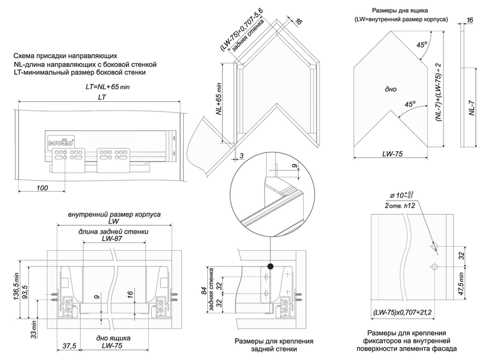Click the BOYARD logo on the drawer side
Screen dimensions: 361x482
58,141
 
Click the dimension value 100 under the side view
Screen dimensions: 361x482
42,188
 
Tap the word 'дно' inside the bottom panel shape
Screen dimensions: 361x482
390,89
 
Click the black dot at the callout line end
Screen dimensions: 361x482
271,266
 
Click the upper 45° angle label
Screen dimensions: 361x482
422,44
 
